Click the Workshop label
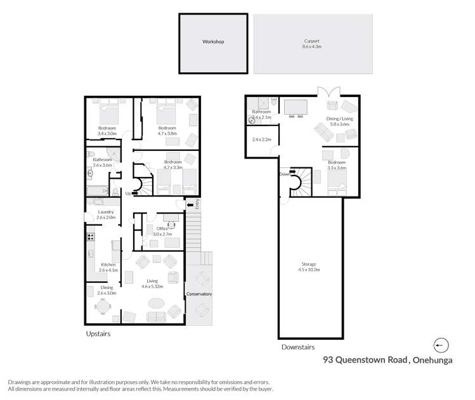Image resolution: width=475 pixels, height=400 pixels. coord(213,42)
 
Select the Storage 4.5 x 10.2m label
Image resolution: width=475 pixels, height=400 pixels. coord(309,267)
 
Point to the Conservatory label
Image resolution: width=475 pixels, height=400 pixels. coord(198,294)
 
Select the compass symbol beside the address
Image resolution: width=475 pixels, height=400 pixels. coord(441,345)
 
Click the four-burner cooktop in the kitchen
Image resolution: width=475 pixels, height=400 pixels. coord(90,237)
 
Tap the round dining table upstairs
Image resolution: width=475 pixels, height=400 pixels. coord(103,306)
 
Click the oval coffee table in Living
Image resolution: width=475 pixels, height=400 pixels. coord(155,302)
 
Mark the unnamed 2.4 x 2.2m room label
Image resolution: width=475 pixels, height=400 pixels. coord(261,139)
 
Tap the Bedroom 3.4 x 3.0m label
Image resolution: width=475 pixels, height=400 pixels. coord(107,131)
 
